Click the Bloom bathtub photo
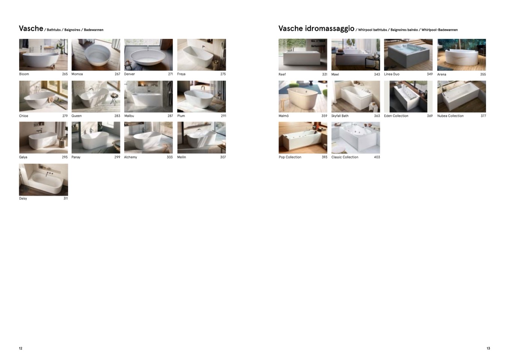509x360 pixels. [x=44, y=54]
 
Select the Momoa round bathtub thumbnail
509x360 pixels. [x=96, y=54]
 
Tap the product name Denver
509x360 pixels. [x=130, y=74]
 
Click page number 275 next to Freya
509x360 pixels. [x=223, y=74]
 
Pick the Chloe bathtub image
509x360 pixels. [x=44, y=96]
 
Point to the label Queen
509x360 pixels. [x=77, y=116]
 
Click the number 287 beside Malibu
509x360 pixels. [x=170, y=116]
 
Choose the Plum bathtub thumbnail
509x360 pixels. [x=202, y=96]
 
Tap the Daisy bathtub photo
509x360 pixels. [x=44, y=179]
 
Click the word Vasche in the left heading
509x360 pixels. [x=31, y=29]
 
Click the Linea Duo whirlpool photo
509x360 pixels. [x=408, y=54]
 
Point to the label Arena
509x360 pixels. [x=441, y=74]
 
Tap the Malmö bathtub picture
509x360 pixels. [x=303, y=96]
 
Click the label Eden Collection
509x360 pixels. [x=396, y=116]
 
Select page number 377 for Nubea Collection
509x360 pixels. [x=483, y=116]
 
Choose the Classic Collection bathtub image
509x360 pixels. [x=355, y=138]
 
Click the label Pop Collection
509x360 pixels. [x=290, y=157]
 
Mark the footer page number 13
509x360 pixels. [x=488, y=348]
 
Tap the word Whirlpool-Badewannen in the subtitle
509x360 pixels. [x=440, y=30]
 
